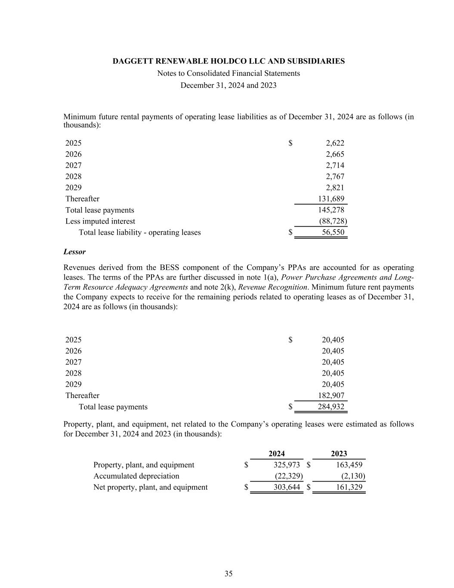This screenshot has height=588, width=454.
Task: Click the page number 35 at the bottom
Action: point(229,573)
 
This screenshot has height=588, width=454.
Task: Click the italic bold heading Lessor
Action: point(74,252)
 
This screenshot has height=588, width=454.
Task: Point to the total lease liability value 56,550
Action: point(333,232)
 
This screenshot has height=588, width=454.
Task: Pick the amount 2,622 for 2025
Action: point(335,143)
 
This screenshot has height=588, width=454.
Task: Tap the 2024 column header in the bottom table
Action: point(277,453)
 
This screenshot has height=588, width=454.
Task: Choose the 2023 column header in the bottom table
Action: point(339,453)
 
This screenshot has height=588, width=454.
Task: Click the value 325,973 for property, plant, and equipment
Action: point(287,465)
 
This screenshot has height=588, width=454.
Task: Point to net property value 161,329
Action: point(349,487)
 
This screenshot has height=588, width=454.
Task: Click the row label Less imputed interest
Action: point(100,221)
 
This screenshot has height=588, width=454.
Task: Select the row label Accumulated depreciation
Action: point(136,476)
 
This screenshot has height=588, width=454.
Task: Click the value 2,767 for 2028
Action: point(335,176)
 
